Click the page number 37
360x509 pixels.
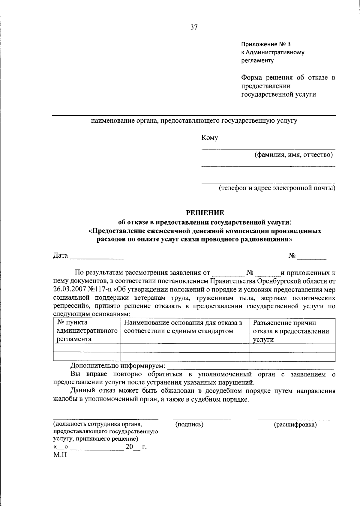(194, 27)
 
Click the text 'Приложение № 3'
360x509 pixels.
(266, 44)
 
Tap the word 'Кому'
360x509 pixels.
(210, 138)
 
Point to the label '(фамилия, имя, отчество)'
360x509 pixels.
(294, 155)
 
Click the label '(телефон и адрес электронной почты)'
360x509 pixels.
(277, 188)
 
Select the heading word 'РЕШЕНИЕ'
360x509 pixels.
(205, 213)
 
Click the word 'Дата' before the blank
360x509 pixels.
(60, 256)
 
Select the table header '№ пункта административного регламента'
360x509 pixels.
(87, 331)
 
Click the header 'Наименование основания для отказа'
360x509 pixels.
(183, 327)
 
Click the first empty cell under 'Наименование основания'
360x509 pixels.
(185, 348)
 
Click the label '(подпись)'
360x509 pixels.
(189, 424)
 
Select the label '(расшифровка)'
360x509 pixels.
(295, 424)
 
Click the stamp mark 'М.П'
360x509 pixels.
(60, 455)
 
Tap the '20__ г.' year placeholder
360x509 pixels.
(136, 447)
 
